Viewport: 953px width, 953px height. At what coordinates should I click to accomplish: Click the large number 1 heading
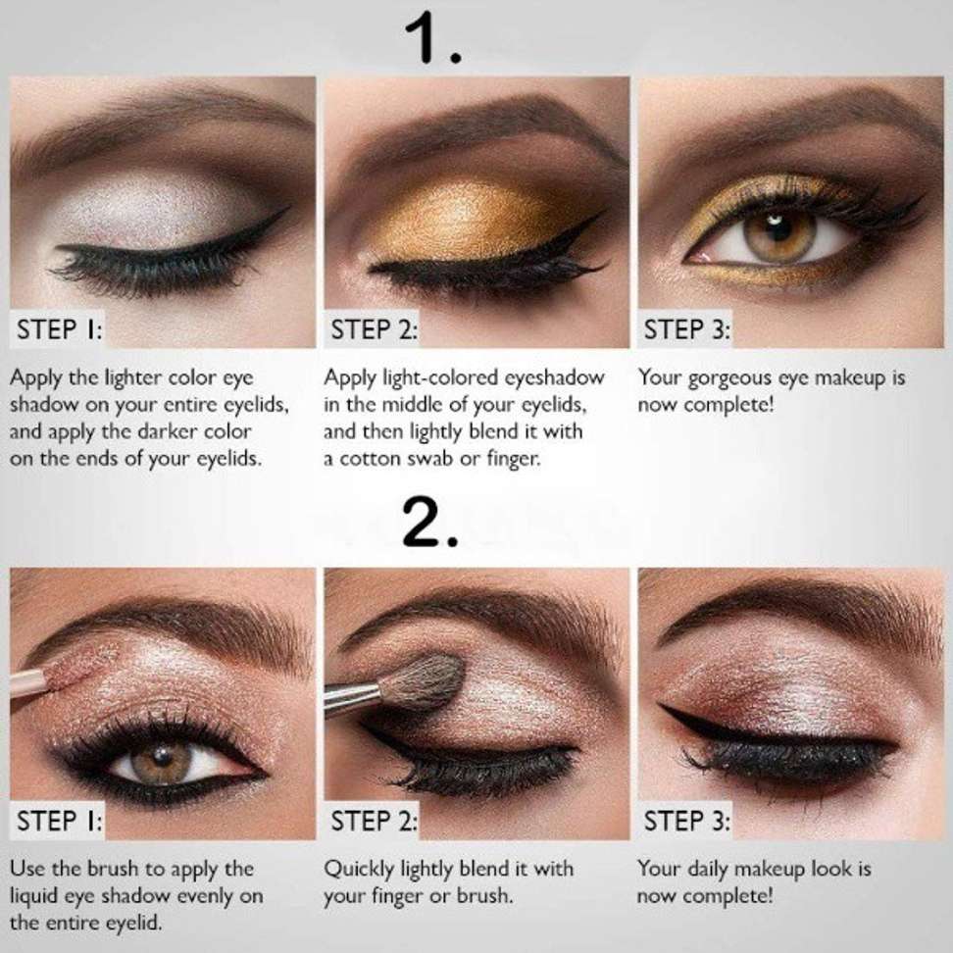click(432, 38)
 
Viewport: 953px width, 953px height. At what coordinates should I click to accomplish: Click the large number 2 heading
click(429, 523)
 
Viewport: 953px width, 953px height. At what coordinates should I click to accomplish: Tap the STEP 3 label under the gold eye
click(686, 329)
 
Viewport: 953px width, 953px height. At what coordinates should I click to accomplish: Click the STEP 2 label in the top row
click(374, 329)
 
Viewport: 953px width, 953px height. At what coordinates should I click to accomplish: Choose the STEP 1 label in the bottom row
click(60, 821)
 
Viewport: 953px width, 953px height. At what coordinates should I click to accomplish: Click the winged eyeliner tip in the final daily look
click(663, 706)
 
